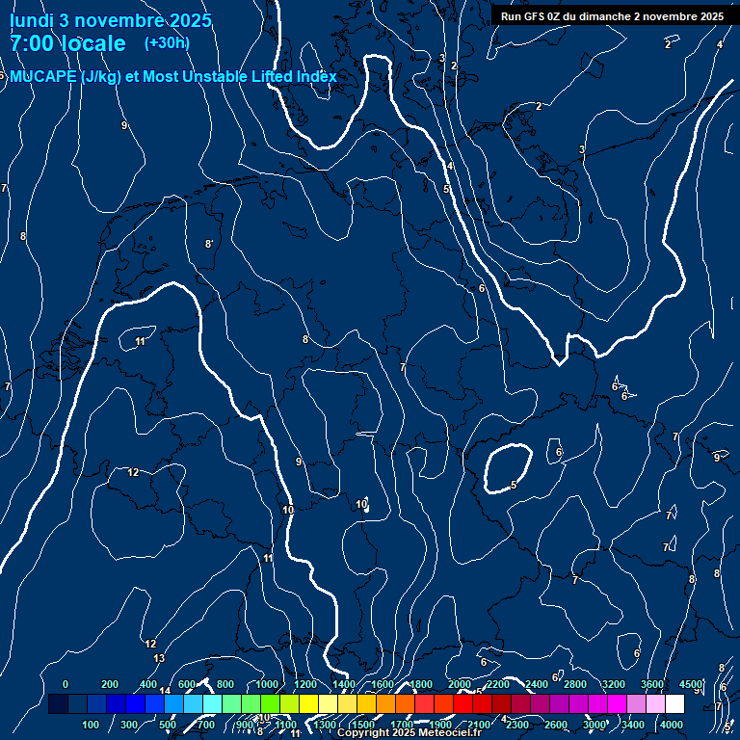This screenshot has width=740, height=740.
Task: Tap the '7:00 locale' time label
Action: [x=67, y=43]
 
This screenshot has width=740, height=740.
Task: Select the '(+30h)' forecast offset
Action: [x=167, y=42]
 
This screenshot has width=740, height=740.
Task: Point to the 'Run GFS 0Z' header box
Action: [x=612, y=16]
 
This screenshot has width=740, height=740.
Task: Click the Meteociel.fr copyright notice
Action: [x=409, y=733]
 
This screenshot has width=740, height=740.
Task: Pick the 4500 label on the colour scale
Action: [x=691, y=684]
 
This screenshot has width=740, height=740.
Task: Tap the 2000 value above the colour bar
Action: [x=460, y=684]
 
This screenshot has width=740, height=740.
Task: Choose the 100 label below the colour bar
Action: [x=92, y=725]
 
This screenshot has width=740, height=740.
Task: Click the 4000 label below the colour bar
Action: [x=672, y=725]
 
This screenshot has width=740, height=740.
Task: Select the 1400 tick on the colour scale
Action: [x=343, y=684]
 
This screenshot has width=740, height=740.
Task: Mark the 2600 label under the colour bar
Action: [x=556, y=725]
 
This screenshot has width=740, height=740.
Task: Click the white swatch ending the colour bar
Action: [x=674, y=704]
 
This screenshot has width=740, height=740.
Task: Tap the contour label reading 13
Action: [x=159, y=658]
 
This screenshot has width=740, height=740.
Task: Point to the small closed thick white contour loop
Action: [x=508, y=469]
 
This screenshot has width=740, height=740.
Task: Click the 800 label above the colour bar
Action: [x=225, y=684]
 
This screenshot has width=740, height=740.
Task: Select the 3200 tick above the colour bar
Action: [x=614, y=684]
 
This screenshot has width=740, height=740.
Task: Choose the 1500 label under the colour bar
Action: [x=363, y=725]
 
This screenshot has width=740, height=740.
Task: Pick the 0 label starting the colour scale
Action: [x=66, y=684]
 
